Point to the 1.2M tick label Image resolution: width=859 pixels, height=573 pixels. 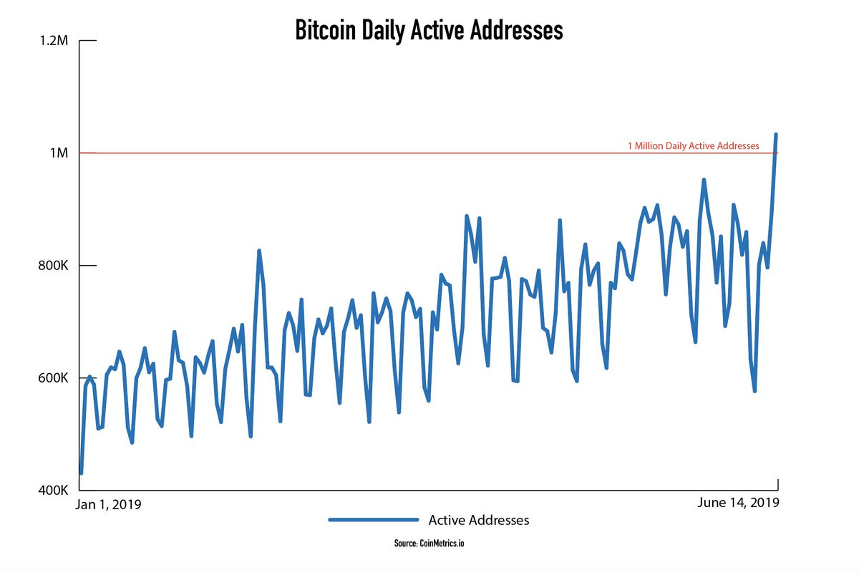[54, 41]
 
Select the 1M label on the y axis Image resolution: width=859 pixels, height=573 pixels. [59, 153]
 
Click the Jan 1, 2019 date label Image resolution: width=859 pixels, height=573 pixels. [109, 504]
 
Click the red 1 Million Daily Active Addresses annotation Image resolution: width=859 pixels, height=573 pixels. [693, 145]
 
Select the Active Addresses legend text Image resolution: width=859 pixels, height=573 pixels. [478, 520]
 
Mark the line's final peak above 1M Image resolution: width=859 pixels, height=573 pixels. [776, 134]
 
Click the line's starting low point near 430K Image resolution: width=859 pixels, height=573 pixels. [81, 473]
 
